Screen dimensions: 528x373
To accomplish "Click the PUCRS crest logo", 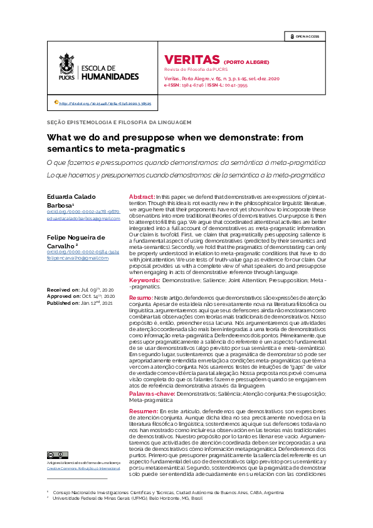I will (x=66, y=67).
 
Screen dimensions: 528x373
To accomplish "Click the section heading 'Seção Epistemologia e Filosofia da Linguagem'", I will (x=119, y=122).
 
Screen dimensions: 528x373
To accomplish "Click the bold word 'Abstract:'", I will (x=142, y=197).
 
